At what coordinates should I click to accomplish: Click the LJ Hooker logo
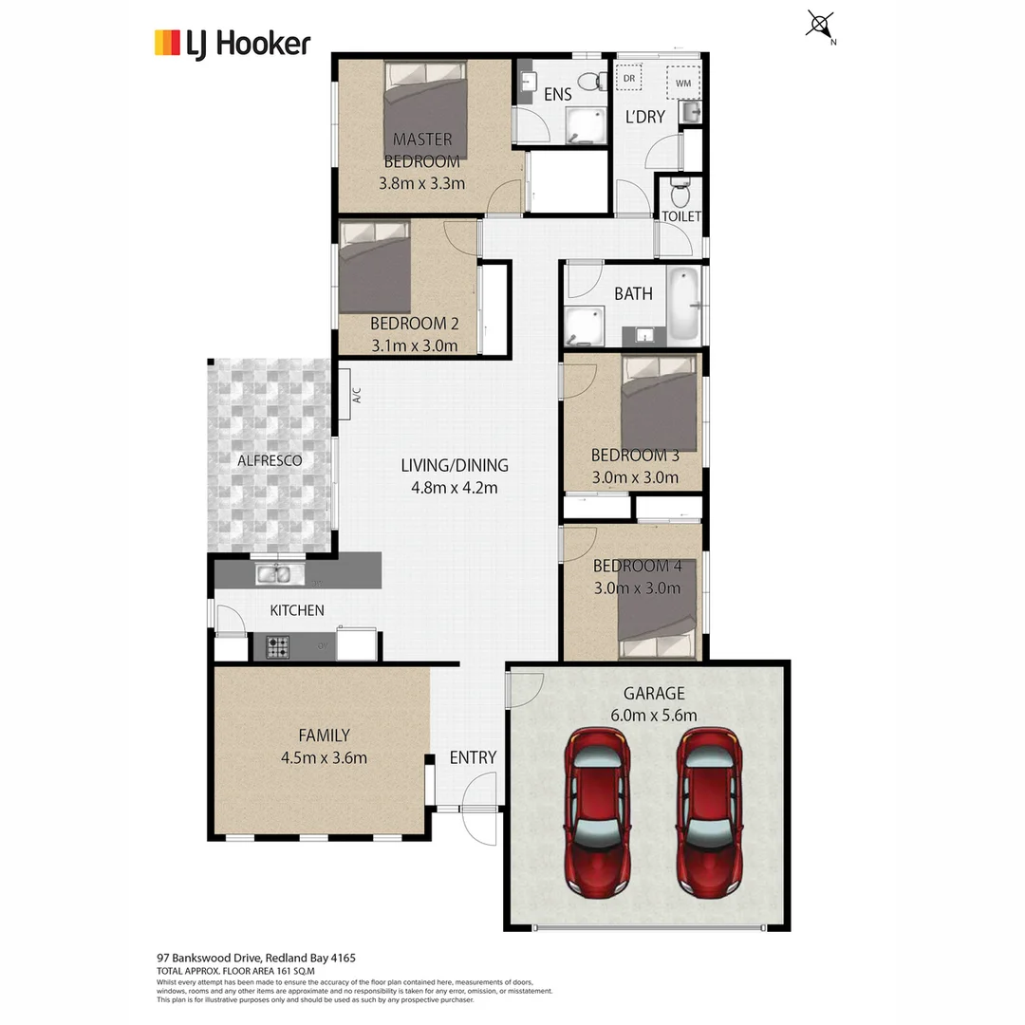tap(233, 44)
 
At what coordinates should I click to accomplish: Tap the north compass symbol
tap(820, 25)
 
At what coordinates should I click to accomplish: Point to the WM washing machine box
tap(683, 83)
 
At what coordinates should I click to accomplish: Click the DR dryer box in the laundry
tap(629, 78)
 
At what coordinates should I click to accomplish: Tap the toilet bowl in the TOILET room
tap(680, 195)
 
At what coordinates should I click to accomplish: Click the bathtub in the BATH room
tap(683, 306)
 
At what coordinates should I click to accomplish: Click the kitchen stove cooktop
tap(278, 647)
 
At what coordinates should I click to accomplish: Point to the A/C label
tap(358, 396)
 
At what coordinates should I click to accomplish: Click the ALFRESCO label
tap(270, 460)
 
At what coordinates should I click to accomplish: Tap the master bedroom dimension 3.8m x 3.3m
tap(421, 183)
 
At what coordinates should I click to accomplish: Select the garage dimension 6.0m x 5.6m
tap(653, 716)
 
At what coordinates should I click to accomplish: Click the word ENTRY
tap(473, 756)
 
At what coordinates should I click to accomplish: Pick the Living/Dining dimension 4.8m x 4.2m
tap(455, 488)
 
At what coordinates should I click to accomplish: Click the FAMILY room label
tap(324, 735)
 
